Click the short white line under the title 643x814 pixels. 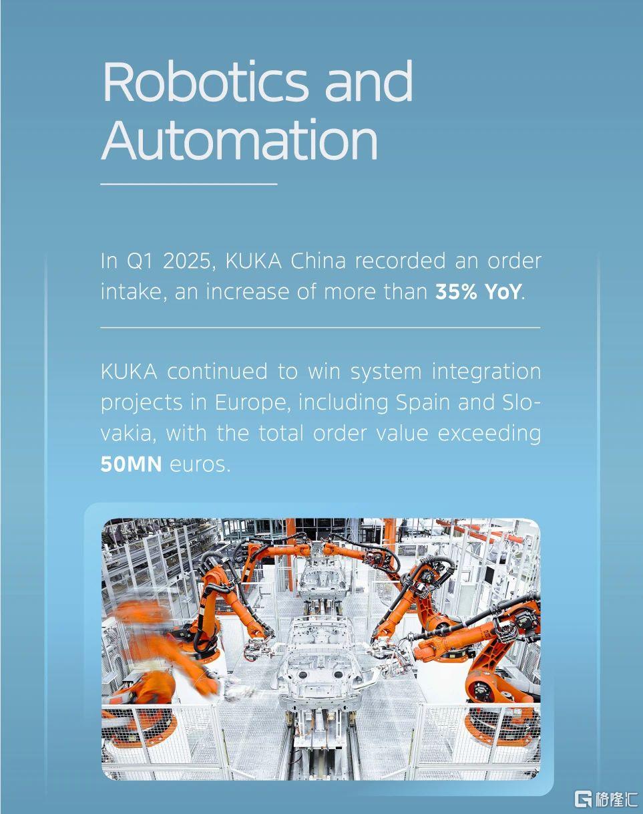[189, 184]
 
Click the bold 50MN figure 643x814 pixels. [131, 464]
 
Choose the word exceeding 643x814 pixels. [489, 434]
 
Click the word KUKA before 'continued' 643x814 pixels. [129, 372]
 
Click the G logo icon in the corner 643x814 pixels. [584, 799]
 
